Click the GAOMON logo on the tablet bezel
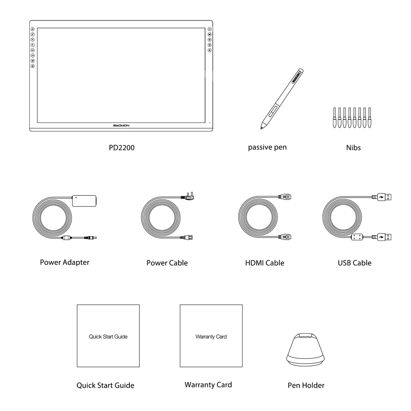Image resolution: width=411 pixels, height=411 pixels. tap(121, 126)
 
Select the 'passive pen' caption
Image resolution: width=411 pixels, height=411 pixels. tap(267, 147)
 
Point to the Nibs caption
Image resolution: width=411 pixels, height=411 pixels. tap(353, 148)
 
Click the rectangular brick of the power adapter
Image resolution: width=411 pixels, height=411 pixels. tap(84, 200)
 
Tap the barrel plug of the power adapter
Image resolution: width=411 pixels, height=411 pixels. tap(91, 237)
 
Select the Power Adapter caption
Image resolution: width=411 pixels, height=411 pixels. tap(64, 262)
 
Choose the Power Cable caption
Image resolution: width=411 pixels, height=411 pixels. tap(167, 263)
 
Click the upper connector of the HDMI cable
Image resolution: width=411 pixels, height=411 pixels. tap(285, 197)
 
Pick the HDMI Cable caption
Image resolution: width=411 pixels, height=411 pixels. tap(264, 263)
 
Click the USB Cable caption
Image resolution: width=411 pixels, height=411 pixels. tap(354, 263)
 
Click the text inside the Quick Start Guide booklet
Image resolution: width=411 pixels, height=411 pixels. tap(108, 337)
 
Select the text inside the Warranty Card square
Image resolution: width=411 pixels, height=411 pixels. tap(211, 337)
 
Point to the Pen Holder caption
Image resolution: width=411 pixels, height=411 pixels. tap(306, 385)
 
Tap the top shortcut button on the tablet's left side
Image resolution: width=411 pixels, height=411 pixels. tap(33, 29)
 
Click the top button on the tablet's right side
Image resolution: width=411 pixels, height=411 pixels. tap(210, 29)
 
